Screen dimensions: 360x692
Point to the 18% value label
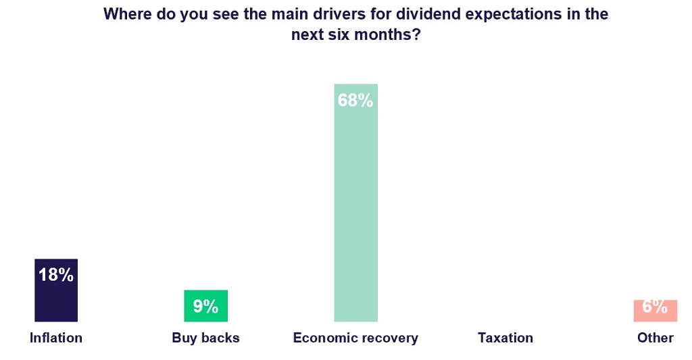[56, 275]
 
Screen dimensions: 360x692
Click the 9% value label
[205, 307]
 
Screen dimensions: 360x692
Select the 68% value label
[355, 101]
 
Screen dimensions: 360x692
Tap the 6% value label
[655, 307]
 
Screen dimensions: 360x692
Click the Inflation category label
[56, 338]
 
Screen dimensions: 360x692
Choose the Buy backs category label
[205, 338]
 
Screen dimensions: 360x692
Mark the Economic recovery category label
[355, 338]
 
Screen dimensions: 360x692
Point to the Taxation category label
[505, 338]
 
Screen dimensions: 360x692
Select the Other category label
[655, 338]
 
